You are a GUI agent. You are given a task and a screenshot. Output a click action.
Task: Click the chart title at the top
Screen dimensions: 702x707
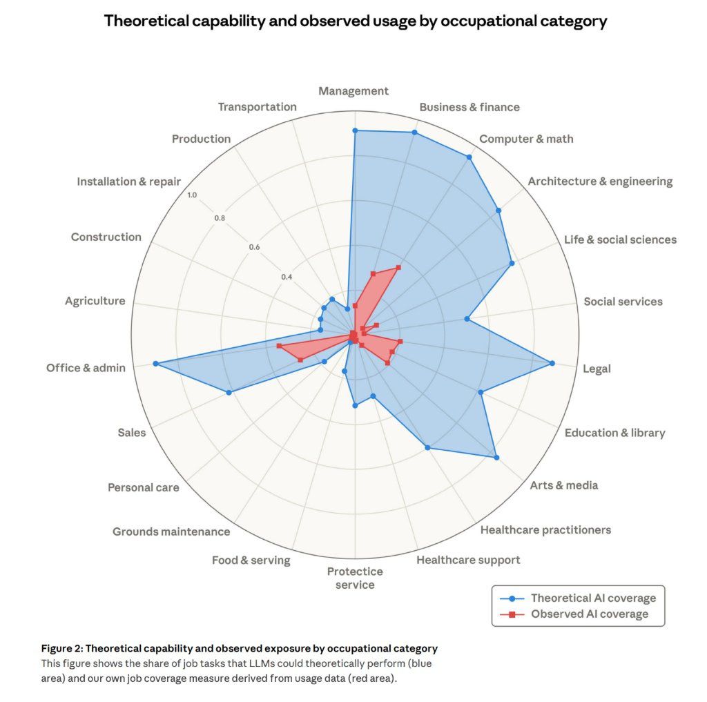click(355, 21)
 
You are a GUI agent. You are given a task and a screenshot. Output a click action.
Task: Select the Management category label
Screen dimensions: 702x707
click(353, 91)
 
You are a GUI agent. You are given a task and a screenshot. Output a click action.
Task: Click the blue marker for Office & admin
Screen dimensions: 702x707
click(155, 364)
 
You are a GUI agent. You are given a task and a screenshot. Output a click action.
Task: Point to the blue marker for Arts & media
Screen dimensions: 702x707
click(496, 457)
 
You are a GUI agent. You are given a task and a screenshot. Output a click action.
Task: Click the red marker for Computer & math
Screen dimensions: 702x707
click(398, 267)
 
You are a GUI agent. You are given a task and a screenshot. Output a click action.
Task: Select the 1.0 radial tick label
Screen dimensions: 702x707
click(191, 195)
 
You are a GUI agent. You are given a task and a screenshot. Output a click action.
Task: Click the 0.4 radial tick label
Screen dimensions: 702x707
click(287, 277)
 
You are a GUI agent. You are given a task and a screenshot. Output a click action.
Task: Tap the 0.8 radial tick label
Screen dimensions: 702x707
click(220, 218)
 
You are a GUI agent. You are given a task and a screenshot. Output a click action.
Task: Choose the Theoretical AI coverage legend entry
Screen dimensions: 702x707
click(592, 598)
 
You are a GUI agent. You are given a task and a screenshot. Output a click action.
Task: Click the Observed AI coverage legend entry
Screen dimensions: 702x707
click(589, 614)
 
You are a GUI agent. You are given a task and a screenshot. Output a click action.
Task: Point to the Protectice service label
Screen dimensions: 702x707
click(355, 578)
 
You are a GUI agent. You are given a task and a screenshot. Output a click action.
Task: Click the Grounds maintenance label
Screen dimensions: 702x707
click(171, 532)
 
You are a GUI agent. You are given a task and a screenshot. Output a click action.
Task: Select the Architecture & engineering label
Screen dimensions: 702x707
click(599, 182)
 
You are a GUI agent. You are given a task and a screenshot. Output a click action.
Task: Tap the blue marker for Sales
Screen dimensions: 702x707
click(229, 393)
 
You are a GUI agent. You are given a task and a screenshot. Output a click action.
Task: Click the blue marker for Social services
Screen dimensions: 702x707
click(467, 319)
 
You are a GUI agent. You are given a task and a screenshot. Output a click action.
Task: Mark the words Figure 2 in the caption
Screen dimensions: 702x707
click(62, 649)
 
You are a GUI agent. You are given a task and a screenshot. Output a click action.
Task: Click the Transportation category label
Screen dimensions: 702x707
click(257, 107)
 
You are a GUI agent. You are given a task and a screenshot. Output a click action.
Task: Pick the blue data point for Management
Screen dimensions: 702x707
click(355, 130)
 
